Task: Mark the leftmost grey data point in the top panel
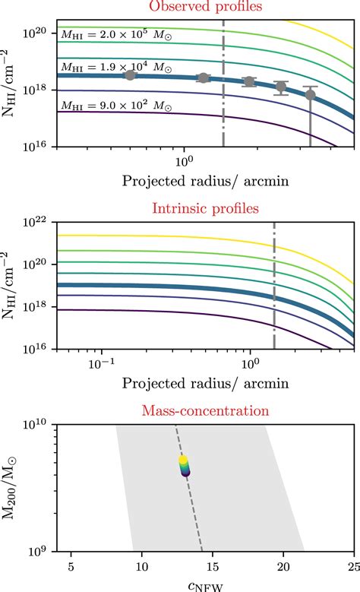tap(130, 74)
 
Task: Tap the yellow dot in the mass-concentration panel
tap(183, 460)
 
